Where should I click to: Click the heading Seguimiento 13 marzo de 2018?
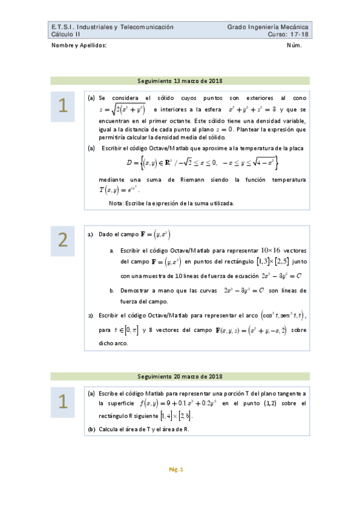[180, 81]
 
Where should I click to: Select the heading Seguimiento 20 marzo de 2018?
[180, 376]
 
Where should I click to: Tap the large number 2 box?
[63, 241]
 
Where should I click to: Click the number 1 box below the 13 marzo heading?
[63, 106]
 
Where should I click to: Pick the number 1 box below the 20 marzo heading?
[63, 401]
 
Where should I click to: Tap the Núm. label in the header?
[294, 46]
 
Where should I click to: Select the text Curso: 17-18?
[288, 35]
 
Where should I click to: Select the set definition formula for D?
[203, 162]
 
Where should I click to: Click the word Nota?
[116, 203]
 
